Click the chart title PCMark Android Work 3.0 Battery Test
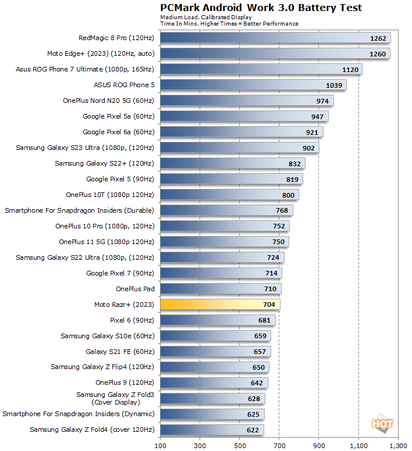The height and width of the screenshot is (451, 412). pos(261,8)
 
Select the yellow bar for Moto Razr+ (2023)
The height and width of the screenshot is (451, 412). pos(220,304)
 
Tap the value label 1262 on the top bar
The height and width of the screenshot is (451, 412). pos(378,38)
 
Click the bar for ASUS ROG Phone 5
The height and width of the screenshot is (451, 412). pos(253,85)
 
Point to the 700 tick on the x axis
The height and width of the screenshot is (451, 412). pos(279,445)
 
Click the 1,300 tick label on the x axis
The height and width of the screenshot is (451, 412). pos(398,445)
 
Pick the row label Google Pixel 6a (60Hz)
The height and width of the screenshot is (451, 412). pos(118,132)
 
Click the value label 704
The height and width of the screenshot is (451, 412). pos(268,304)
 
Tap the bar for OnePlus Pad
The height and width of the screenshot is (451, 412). pos(221,289)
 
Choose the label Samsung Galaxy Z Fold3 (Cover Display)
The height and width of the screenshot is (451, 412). pos(115,398)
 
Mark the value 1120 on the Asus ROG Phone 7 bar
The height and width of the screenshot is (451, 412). pos(350,69)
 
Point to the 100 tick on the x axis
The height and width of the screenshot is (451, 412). pos(160,445)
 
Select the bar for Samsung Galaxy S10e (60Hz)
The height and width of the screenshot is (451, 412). pos(215,336)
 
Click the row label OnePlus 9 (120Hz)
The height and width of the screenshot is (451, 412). pos(125,382)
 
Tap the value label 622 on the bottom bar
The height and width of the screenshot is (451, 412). pos(252,430)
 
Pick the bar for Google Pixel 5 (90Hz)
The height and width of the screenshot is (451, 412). pos(231,179)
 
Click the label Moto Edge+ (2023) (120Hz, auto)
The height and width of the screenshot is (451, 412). pos(101,53)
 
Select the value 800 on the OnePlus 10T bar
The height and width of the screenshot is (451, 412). pos(287,195)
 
